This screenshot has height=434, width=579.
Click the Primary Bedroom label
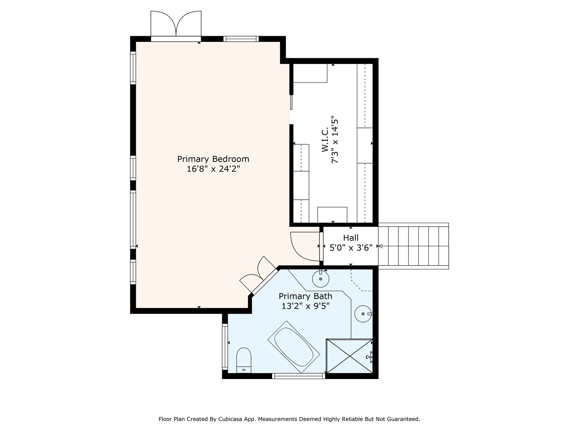tap(213, 159)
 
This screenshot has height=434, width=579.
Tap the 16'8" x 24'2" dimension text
tap(213, 169)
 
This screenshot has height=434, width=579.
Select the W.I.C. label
tap(325, 140)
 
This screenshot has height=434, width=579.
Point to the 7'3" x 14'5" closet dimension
tap(334, 140)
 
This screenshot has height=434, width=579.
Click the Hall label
tap(351, 238)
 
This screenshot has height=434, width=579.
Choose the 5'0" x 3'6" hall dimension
tap(351, 247)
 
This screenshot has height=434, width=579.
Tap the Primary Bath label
tap(305, 296)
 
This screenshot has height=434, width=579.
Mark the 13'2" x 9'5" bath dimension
tap(305, 306)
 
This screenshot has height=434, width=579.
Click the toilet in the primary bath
tap(244, 360)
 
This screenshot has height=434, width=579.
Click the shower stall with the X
tap(349, 356)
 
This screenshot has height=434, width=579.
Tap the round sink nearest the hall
tap(321, 278)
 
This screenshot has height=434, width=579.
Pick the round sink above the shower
tap(363, 314)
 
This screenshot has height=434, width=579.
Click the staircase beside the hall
tap(413, 246)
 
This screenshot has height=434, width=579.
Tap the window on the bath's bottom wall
tap(298, 376)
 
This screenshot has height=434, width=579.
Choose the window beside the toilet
tap(225, 346)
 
